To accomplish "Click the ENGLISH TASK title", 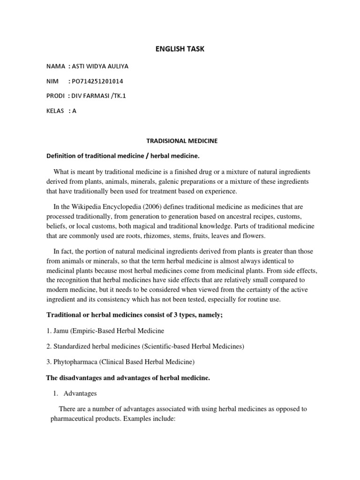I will tap(180, 49).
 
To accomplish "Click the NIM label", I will tap(52, 81).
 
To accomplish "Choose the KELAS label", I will tap(55, 111).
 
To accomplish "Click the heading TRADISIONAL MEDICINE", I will tap(180, 140).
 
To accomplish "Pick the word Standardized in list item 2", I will tap(73, 346).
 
